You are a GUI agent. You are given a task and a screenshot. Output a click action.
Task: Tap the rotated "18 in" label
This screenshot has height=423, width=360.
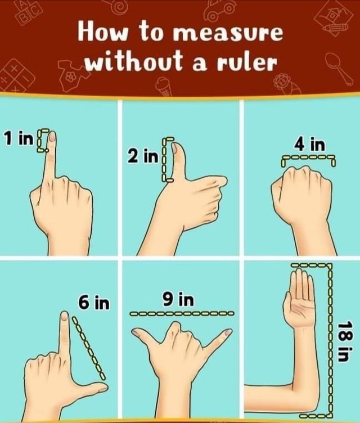(344, 343)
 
